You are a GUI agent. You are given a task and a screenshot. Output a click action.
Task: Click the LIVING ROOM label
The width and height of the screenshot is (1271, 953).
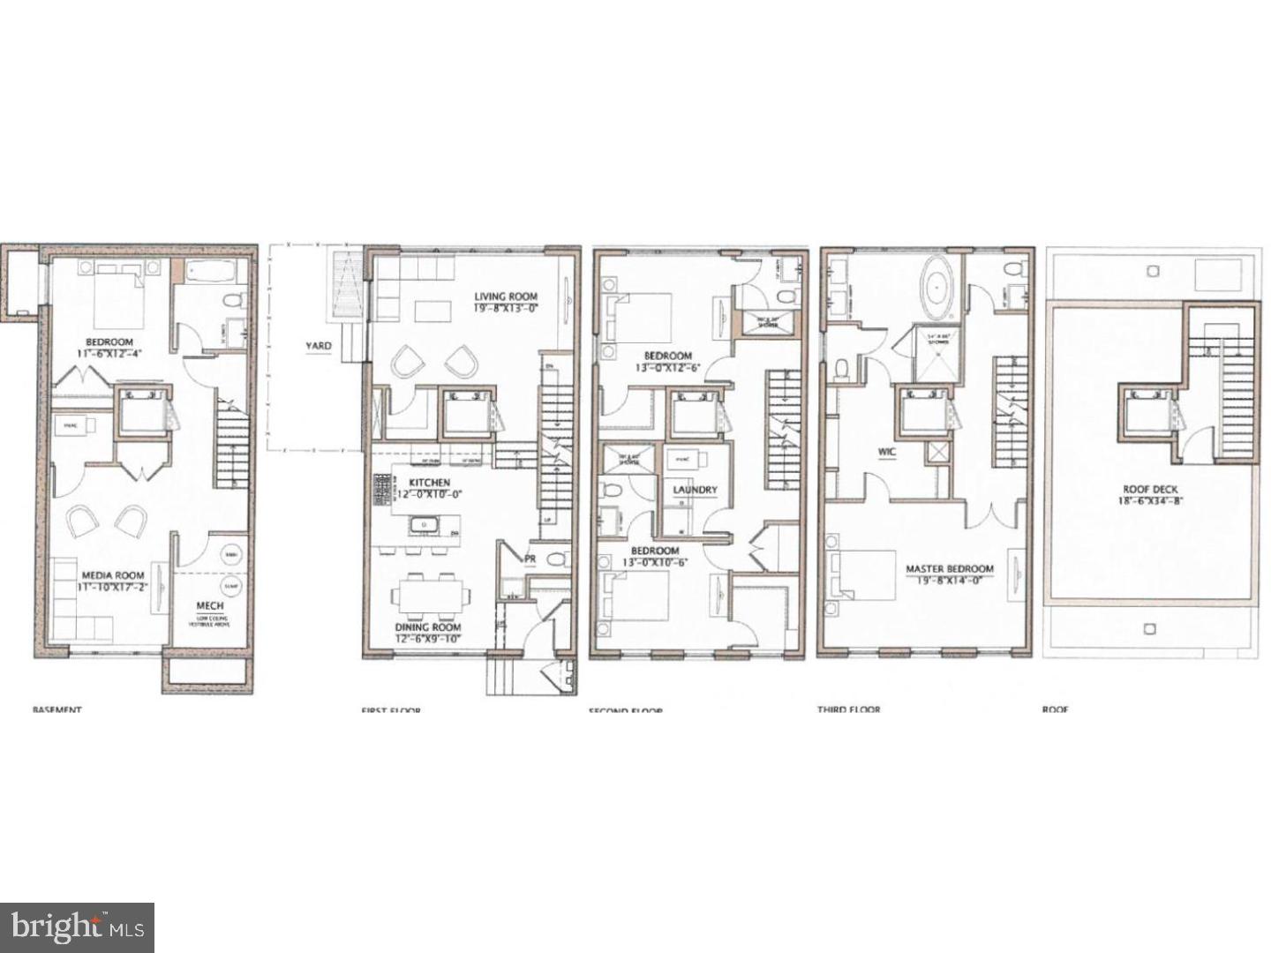[506, 296]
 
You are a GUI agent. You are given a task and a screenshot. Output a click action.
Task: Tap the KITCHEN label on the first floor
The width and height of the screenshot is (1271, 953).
[429, 483]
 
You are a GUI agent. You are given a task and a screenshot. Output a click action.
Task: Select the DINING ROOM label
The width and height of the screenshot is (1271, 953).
[427, 627]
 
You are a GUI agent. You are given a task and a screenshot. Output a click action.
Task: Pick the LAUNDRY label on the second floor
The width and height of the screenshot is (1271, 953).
[696, 490]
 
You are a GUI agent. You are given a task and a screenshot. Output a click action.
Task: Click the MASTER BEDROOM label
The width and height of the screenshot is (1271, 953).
[949, 569]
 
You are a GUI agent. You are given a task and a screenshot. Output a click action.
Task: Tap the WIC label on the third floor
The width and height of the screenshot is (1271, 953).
[886, 452]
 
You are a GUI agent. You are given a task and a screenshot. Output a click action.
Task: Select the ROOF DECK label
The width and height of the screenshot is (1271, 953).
[1150, 490]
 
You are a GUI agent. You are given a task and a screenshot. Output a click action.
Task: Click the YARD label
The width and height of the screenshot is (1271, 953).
[319, 346]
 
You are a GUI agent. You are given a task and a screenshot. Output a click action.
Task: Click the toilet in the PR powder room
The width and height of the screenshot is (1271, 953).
[553, 559]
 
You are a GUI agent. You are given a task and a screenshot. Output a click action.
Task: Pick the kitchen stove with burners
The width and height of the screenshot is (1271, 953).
[383, 486]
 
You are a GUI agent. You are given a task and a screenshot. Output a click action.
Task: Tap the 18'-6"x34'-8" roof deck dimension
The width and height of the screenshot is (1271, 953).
[1150, 501]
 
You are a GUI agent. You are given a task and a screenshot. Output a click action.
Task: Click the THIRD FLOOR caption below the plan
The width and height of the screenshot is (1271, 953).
[848, 709]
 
